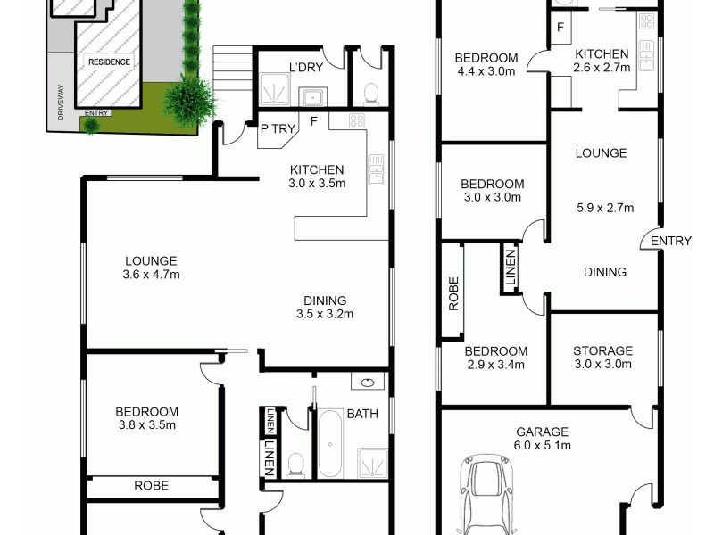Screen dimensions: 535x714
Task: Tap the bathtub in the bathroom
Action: point(331,444)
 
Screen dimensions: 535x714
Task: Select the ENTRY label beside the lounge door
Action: point(670,241)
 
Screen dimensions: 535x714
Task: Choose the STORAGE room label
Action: point(602,351)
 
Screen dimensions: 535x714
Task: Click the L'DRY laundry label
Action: point(305,67)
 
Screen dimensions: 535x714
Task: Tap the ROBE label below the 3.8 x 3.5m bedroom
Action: point(151,487)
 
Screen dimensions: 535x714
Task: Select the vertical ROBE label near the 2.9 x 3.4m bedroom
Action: point(453,295)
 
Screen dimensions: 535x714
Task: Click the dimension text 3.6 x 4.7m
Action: point(152,275)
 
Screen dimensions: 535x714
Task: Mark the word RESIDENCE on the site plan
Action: point(109,62)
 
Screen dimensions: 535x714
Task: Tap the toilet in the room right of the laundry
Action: point(369,91)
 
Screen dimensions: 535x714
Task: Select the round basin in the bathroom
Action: point(369,383)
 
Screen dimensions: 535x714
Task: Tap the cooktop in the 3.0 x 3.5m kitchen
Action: point(355,121)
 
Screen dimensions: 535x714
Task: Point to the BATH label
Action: point(361,414)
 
